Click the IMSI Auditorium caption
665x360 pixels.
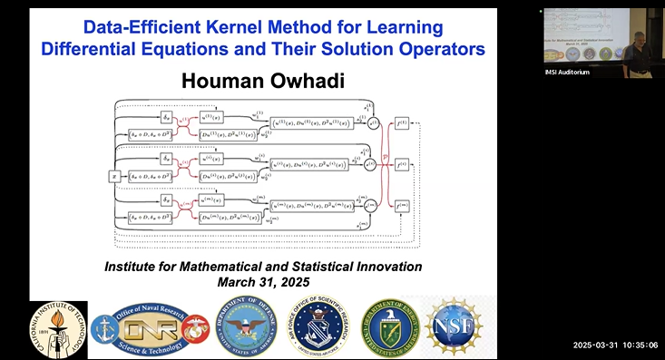[x=567, y=73]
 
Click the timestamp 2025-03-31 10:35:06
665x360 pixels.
[x=616, y=345]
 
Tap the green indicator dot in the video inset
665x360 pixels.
[x=542, y=12]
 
